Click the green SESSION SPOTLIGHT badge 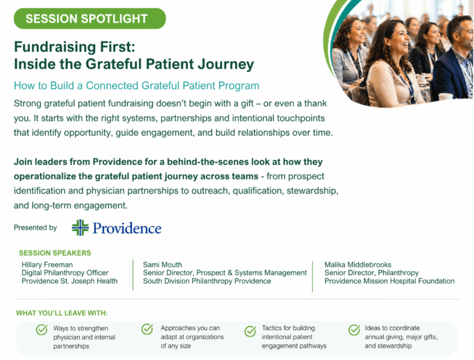point(90,19)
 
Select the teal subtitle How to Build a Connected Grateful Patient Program point(137,86)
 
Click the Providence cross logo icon point(80,228)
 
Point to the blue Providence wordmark point(127,228)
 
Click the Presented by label point(35,227)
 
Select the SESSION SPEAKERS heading point(55,253)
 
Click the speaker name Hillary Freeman point(47,265)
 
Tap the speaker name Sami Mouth point(162,265)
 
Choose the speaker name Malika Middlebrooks point(358,265)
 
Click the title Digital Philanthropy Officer point(65,273)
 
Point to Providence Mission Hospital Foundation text point(389,281)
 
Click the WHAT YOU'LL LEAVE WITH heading point(62,313)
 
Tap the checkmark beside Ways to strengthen point(42,329)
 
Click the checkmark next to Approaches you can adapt point(147,329)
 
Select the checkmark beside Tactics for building point(250,331)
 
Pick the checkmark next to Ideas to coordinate point(354,330)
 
